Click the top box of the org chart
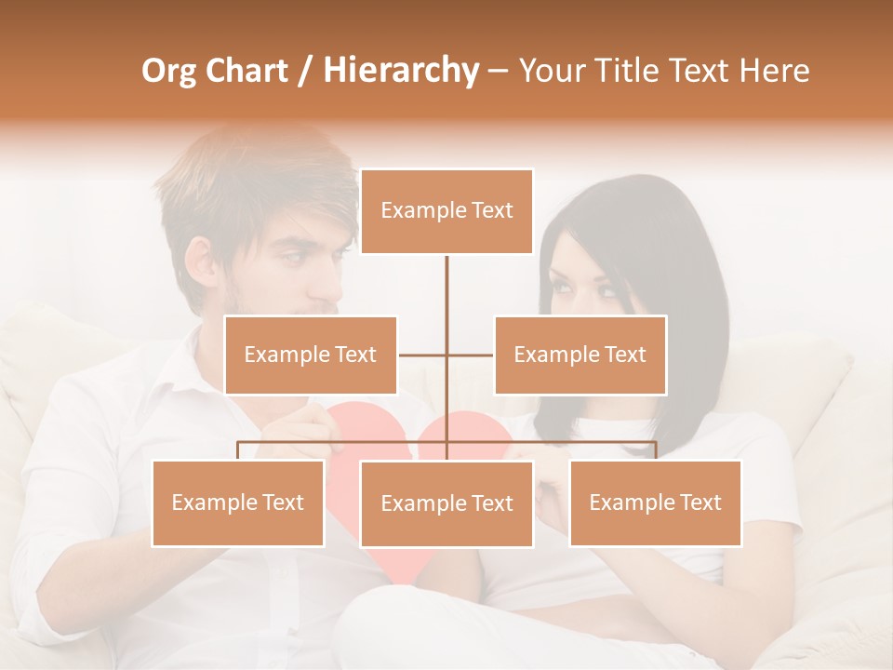point(446,211)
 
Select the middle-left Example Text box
point(310,355)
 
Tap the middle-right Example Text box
point(580,355)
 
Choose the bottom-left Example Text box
point(237,502)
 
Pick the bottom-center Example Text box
point(446,503)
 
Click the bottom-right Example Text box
point(655,502)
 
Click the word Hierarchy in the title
point(401,71)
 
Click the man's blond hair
point(251,177)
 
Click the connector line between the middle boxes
point(446,355)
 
